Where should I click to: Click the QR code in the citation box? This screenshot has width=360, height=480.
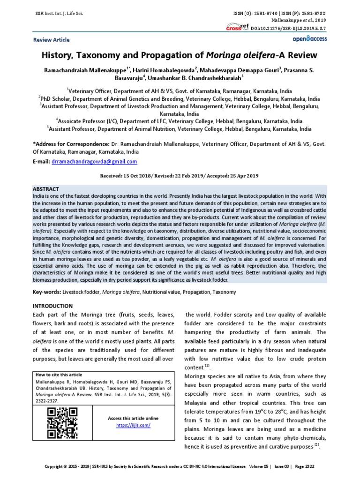coord(63,419)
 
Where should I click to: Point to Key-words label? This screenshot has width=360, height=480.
coord(46,292)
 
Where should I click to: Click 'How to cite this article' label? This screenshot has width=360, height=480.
coord(59,375)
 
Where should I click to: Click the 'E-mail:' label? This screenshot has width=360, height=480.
coord(41,162)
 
